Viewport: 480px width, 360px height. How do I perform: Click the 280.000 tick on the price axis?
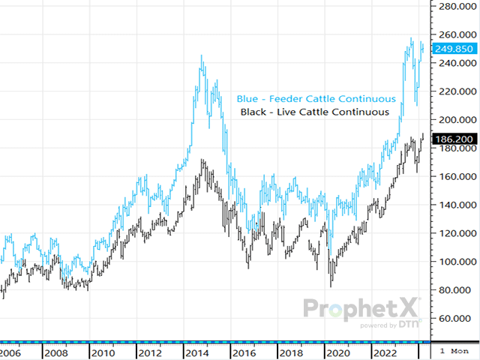point(454,7)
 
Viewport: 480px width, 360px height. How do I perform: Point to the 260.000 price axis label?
point(454,34)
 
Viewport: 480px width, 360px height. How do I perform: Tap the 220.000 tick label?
point(454,91)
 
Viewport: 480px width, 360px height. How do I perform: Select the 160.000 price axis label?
point(454,177)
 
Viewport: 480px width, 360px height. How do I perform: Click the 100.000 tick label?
point(454,262)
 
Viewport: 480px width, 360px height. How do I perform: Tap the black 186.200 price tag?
point(454,139)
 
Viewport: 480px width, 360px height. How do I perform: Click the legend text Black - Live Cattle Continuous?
point(315,112)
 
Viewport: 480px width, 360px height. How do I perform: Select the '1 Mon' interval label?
point(454,352)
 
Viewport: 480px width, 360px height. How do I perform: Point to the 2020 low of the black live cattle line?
point(331,286)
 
